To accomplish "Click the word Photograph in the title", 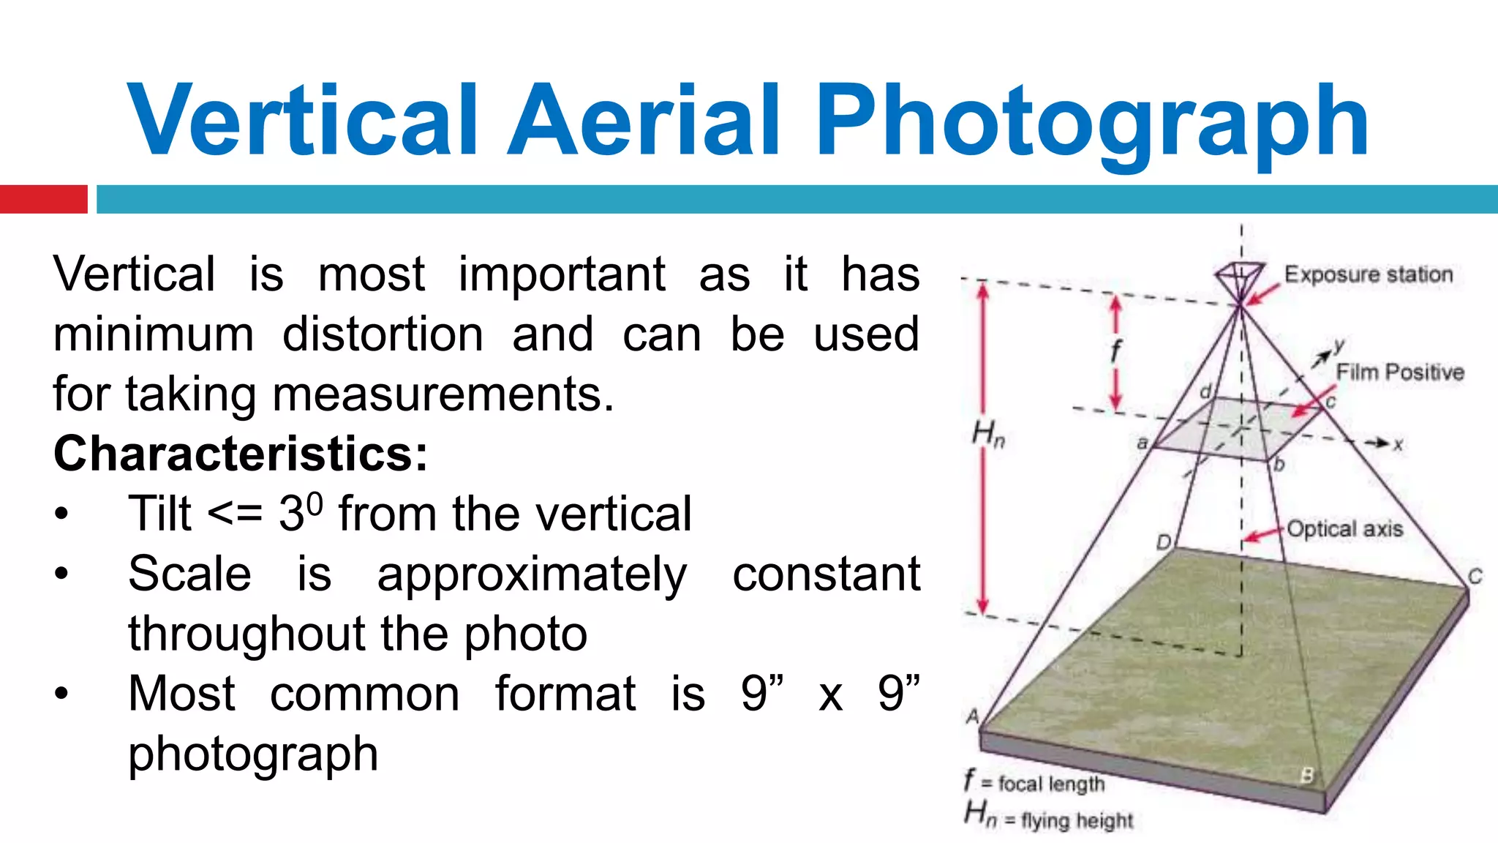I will [1091, 123].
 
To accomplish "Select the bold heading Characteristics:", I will [241, 454].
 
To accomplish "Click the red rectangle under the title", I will [43, 199].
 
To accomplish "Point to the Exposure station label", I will [1369, 274].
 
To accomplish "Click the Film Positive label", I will [1400, 372].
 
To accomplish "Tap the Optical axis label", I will [1345, 528].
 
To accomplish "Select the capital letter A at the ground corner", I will [972, 716].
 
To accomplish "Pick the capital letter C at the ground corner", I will [1475, 577].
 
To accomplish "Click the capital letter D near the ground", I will [1164, 542].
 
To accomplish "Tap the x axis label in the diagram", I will [1398, 444].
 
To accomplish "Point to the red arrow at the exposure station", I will [1263, 294].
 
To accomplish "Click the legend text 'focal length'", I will [1051, 784].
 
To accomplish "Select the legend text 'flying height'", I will [1077, 820].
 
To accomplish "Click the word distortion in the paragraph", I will [383, 334].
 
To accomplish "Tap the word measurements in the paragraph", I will [443, 394].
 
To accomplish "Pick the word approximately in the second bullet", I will [532, 574].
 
